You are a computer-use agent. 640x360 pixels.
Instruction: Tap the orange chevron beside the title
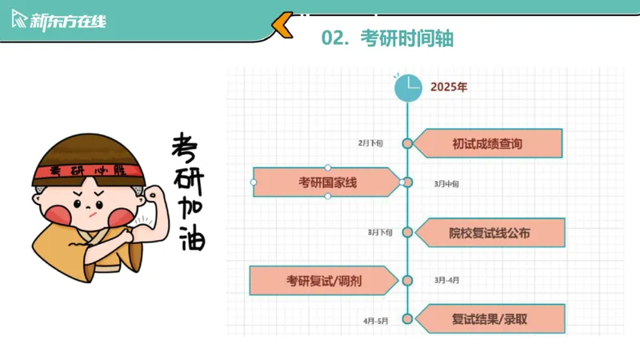tap(282, 26)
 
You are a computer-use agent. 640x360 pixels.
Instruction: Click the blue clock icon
tap(408, 87)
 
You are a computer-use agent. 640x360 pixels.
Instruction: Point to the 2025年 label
tap(449, 87)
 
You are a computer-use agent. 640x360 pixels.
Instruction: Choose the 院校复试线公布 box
tap(490, 233)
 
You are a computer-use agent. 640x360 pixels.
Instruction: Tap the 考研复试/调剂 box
tap(323, 281)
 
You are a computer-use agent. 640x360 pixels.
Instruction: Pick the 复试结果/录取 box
tap(490, 319)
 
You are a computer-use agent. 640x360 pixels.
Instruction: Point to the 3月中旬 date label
tap(446, 184)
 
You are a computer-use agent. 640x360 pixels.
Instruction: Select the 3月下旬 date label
tap(380, 233)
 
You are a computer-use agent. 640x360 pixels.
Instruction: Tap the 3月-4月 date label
tap(447, 281)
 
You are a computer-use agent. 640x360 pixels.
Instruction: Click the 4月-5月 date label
tap(376, 320)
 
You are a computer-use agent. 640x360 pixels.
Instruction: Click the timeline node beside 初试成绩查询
tap(407, 144)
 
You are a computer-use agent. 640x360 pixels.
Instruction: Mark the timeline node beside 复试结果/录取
tap(407, 319)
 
